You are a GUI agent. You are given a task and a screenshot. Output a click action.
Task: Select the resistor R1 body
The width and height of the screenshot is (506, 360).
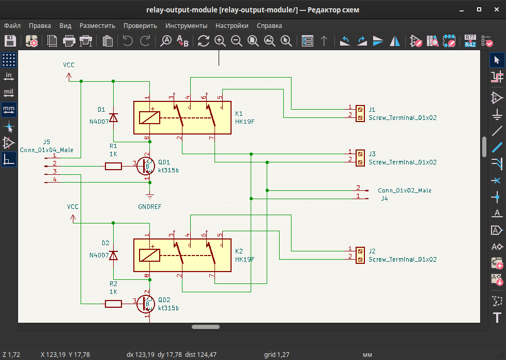[113, 166]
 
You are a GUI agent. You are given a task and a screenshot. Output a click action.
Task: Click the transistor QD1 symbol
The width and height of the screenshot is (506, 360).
[146, 166]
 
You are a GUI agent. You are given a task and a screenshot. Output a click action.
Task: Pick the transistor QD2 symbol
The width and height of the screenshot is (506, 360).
[146, 304]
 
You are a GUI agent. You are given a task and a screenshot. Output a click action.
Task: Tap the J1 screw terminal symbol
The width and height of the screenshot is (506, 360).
[359, 113]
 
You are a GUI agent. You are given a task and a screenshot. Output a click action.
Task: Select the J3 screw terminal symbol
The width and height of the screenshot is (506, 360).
[359, 158]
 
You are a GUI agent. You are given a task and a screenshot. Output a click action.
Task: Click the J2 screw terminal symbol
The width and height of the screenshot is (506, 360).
[359, 254]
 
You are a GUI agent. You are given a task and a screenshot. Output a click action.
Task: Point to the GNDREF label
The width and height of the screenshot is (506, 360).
[150, 206]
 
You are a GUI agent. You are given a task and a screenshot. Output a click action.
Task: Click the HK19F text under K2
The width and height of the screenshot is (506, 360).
[245, 259]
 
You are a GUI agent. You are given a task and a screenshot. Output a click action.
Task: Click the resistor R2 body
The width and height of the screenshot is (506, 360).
[113, 304]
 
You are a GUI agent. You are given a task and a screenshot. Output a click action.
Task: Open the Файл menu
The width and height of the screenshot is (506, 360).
[12, 25]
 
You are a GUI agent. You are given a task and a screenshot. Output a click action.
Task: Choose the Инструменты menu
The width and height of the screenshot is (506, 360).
[186, 25]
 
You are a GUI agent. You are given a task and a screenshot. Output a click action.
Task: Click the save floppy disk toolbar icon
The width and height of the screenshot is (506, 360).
[10, 41]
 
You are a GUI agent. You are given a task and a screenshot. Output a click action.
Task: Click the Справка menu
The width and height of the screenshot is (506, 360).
[269, 25]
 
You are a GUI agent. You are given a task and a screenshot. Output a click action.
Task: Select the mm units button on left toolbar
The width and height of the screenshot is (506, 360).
[8, 110]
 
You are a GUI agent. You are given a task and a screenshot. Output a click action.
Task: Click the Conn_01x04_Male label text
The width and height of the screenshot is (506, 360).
[47, 150]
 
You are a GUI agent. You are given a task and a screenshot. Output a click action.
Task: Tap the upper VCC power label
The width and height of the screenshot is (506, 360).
[69, 65]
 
